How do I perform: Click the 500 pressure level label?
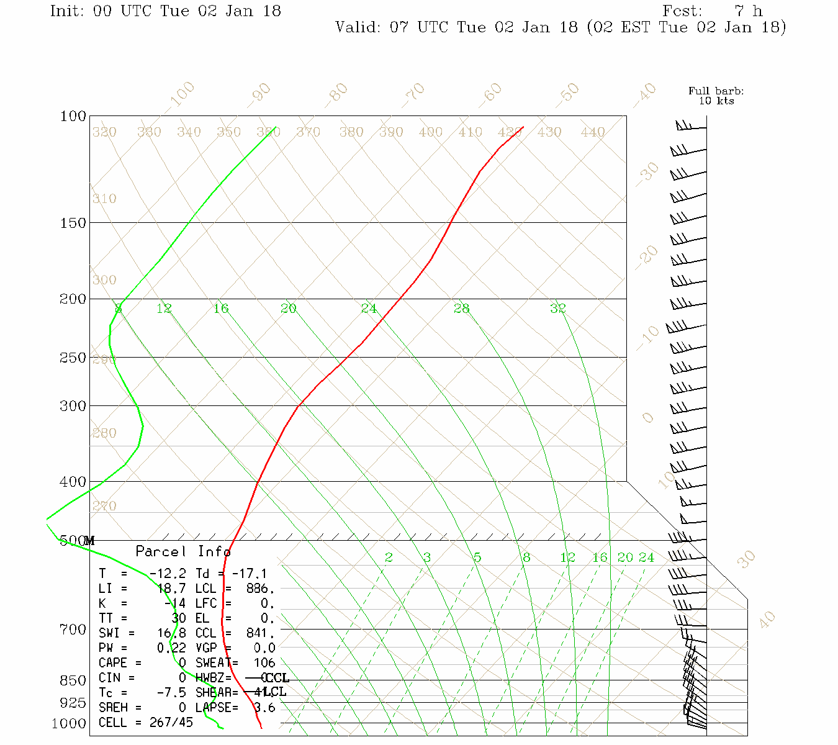coord(72,541)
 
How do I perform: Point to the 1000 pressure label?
coord(68,723)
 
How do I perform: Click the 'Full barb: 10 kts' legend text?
coord(716,96)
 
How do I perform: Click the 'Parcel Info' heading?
coord(183,551)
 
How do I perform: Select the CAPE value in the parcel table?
coord(182,663)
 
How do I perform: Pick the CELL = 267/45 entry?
coord(146,723)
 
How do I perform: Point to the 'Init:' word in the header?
coord(68,11)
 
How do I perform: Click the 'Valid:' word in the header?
coord(358,27)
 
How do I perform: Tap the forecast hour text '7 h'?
coord(749,11)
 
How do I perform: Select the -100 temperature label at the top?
coord(182,95)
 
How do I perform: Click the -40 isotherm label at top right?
coord(645,94)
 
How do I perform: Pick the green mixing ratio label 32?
coord(557,308)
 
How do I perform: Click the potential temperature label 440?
coord(593,132)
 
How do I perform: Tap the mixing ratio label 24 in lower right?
coord(646,558)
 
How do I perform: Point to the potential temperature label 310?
coord(104,199)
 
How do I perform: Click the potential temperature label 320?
coord(104,132)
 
